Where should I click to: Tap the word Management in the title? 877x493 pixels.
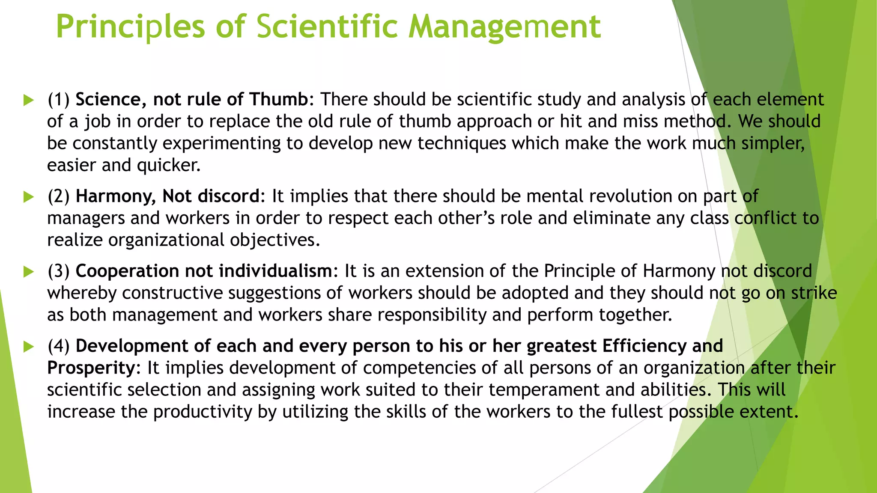[504, 27]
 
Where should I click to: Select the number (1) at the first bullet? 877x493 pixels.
[58, 99]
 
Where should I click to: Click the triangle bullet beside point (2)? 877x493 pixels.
[29, 197]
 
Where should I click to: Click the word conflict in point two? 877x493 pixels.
[765, 218]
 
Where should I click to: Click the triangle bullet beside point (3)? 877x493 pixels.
[29, 271]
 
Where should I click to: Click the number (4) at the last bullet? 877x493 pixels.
[58, 346]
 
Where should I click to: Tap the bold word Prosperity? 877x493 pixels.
[91, 368]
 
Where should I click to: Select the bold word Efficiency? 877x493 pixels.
[644, 346]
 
